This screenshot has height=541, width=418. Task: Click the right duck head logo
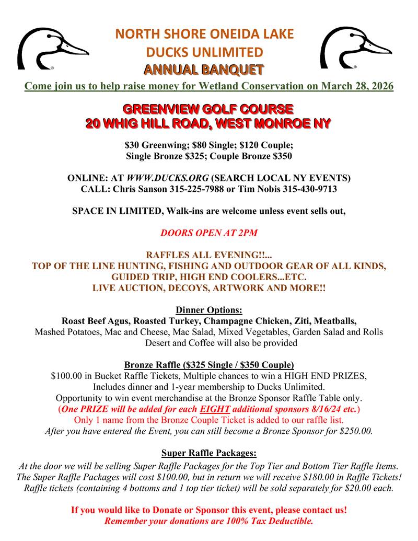click(x=355, y=49)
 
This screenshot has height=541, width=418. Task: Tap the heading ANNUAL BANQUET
click(x=204, y=70)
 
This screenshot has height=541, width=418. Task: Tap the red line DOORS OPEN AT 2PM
click(x=209, y=233)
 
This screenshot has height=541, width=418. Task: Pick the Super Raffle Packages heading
click(x=209, y=453)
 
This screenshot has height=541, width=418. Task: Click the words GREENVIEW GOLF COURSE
click(x=208, y=110)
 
